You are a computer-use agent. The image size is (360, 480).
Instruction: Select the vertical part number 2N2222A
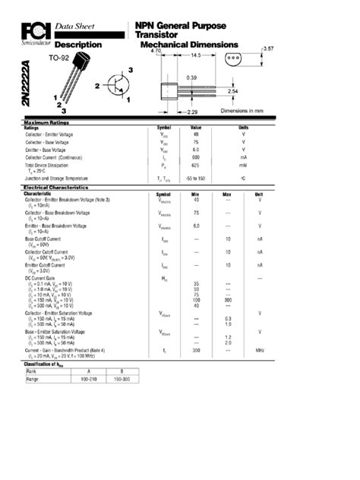point(27,84)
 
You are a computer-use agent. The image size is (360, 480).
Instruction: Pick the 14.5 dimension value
point(195,55)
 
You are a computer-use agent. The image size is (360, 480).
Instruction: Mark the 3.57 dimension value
point(268,49)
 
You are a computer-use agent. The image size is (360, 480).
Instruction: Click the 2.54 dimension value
point(233,91)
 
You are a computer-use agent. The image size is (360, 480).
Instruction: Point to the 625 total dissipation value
point(195,165)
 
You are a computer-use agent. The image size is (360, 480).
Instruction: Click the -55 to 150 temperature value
point(196,178)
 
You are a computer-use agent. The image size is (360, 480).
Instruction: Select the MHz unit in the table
point(259,350)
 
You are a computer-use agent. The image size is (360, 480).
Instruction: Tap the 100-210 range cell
point(90,378)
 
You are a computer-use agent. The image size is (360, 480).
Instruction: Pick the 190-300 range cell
point(122,378)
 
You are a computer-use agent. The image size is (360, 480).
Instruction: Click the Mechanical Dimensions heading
point(190,45)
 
